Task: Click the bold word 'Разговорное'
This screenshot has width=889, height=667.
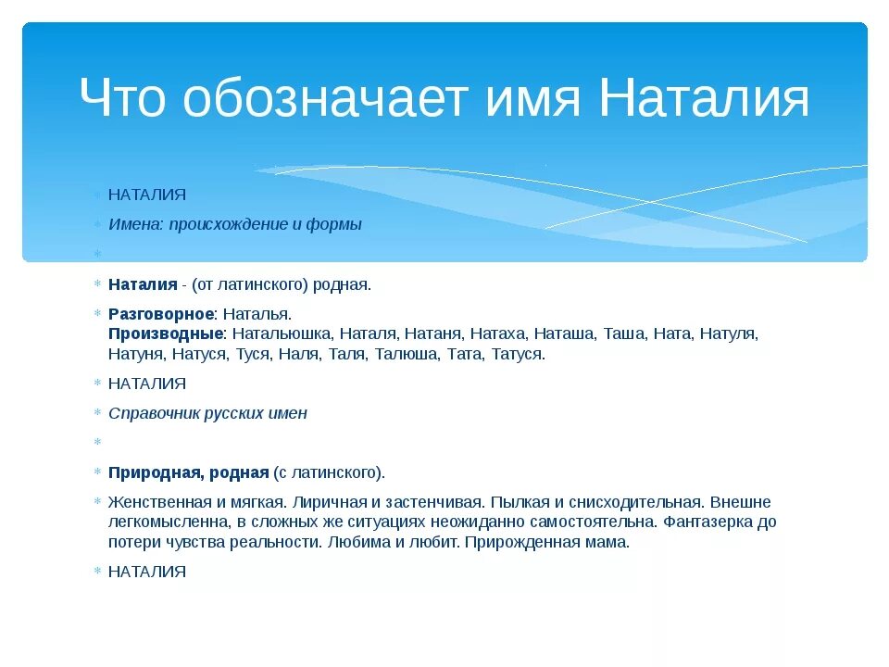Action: click(161, 314)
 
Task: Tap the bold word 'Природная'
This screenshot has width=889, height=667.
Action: click(154, 472)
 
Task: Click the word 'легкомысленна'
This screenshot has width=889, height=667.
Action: click(161, 522)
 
